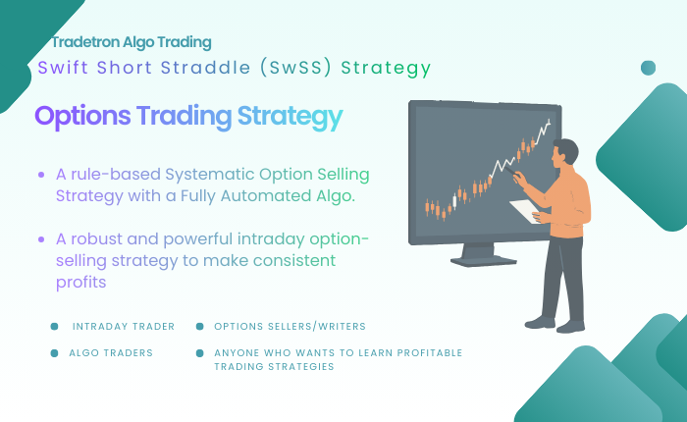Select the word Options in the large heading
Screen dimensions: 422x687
click(82, 117)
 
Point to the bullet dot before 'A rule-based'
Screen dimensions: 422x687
click(41, 175)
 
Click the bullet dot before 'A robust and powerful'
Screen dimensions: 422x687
click(41, 239)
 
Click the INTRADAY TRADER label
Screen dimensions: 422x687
click(124, 326)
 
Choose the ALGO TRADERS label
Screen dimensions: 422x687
click(111, 352)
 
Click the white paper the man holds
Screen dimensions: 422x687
click(525, 210)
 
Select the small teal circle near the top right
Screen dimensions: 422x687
click(648, 68)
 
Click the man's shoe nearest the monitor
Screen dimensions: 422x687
click(539, 321)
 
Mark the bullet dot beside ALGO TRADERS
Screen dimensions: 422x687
click(54, 352)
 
